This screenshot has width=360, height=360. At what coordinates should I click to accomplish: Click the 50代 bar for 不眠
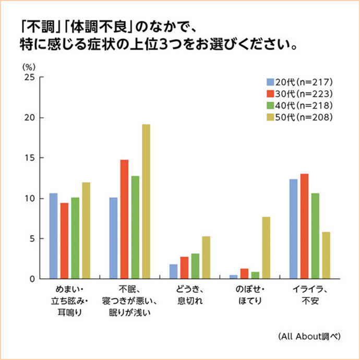coord(146,201)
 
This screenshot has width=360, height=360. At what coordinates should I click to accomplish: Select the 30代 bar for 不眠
coord(124,219)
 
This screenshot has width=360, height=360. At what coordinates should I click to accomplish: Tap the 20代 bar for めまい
coord(53,236)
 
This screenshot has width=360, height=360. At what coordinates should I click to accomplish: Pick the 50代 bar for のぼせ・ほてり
coord(266,248)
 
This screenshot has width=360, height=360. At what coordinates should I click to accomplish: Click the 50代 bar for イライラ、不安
coord(327,255)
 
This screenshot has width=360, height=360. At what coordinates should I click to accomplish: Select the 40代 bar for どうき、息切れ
coord(195,266)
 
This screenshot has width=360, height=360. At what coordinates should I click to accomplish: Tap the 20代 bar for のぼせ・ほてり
coord(233,277)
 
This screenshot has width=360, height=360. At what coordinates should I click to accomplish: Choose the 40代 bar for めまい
coord(75,238)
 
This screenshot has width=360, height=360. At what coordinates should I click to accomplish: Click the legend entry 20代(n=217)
coord(299,82)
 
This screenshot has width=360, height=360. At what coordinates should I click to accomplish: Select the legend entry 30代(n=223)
coord(299,94)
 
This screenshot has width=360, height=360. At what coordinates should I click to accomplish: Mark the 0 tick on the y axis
coord(32,279)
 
